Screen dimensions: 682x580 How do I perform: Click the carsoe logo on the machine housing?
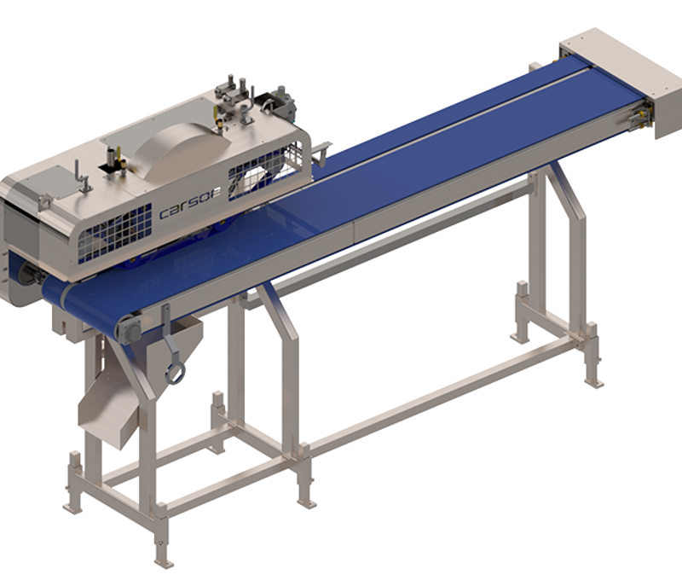coord(190,203)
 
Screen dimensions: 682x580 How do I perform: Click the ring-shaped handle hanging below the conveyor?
coord(175,374)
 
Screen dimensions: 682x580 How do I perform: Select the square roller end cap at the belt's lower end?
coord(130,330)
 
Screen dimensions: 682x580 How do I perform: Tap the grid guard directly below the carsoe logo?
coord(115,234)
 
